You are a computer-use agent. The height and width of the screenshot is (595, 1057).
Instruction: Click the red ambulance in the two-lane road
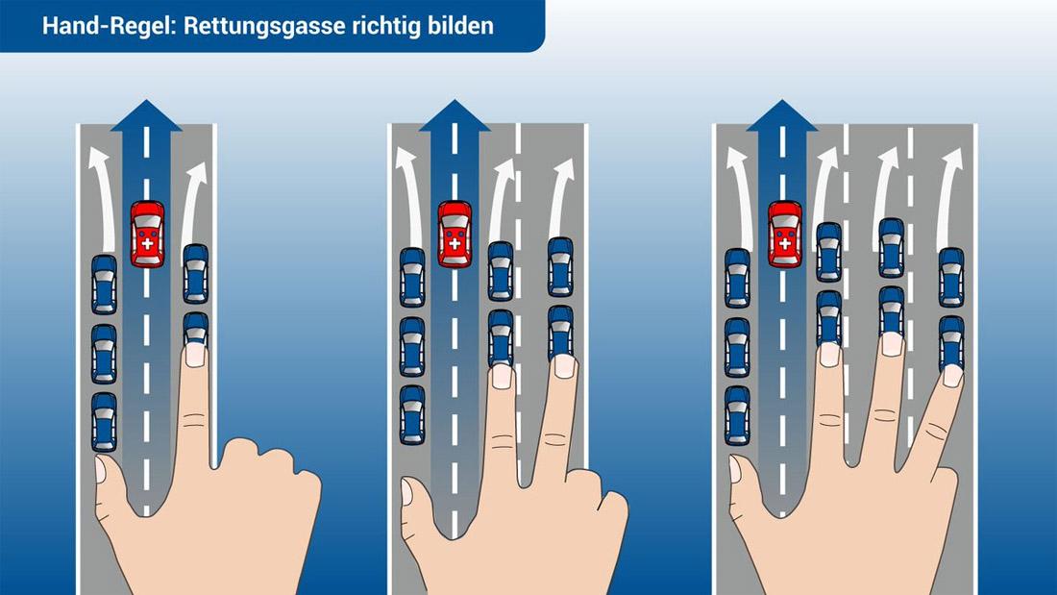147,235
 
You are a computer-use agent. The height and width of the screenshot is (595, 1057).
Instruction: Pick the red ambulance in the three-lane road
455,235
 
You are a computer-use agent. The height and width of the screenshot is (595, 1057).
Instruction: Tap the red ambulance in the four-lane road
785,235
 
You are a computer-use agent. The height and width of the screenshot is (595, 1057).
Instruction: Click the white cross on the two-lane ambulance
147,243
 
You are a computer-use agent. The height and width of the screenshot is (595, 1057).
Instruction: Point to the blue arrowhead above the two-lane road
146,115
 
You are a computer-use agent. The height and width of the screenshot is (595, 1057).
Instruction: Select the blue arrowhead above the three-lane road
455,115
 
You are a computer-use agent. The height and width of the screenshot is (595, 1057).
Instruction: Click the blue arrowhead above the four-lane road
782,115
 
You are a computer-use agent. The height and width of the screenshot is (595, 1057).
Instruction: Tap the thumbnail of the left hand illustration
101,469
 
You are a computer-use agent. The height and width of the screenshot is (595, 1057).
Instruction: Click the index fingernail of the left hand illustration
195,355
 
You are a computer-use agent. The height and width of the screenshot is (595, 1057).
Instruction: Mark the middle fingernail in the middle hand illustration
564,365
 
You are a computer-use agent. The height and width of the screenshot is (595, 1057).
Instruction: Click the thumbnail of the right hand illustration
735,469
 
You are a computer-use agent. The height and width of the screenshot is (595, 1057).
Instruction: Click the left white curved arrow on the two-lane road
103,199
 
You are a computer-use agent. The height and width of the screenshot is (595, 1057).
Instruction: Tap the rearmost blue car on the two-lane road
104,422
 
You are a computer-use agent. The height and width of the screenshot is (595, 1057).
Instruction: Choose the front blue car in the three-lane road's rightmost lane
560,267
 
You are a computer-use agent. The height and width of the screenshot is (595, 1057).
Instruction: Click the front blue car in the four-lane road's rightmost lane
951,277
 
